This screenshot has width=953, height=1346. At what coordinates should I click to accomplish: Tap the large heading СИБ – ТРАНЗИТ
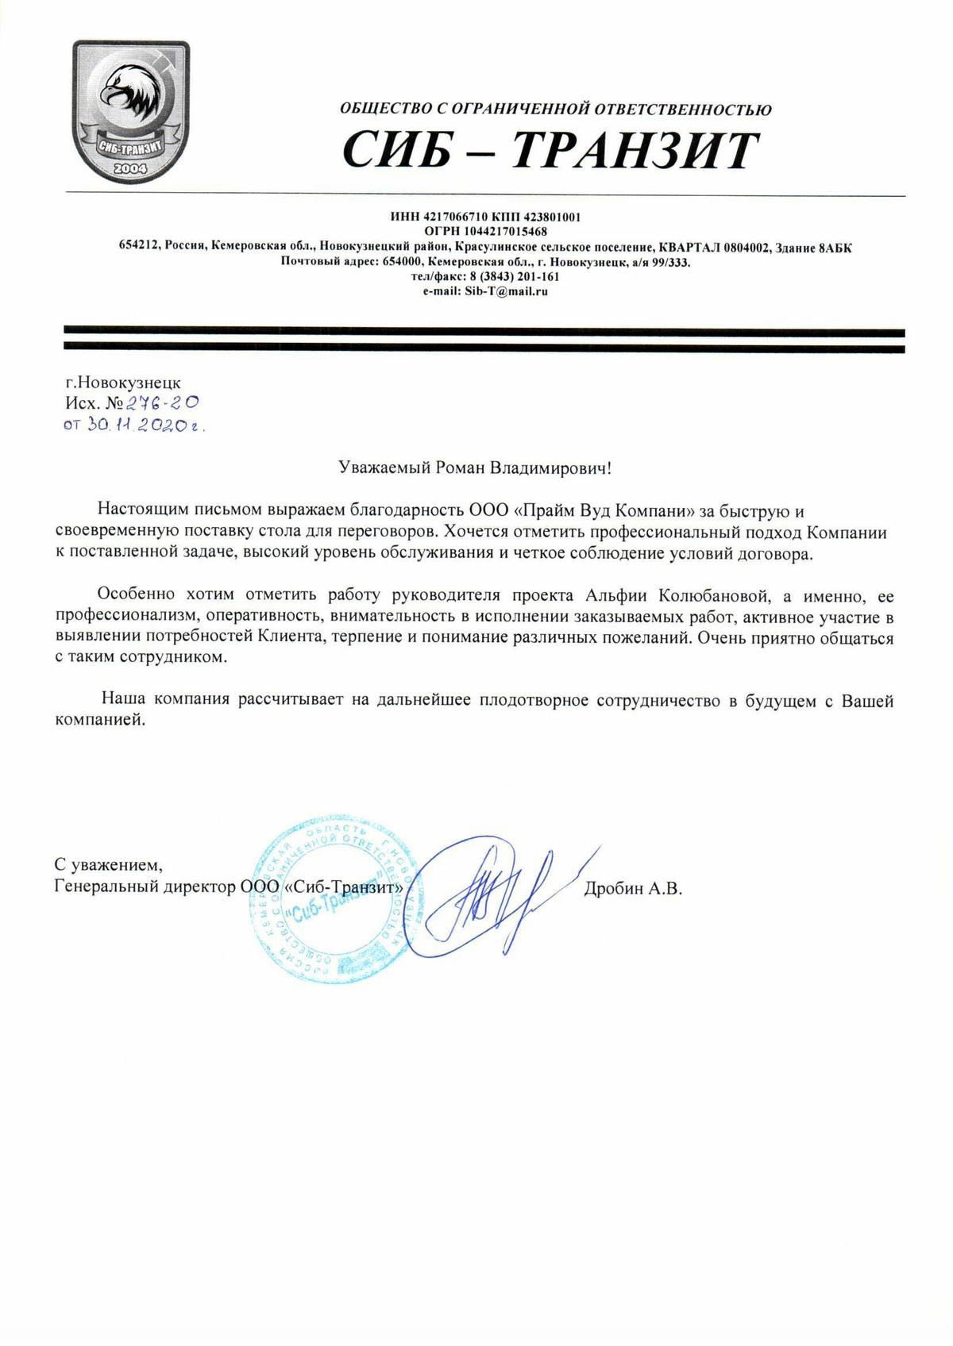coord(550,151)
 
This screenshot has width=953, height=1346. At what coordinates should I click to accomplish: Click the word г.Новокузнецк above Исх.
coord(123,383)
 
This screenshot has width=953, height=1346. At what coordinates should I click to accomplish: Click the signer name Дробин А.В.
coord(633,890)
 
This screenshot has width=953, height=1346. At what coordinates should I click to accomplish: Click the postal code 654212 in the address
coord(139,247)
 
